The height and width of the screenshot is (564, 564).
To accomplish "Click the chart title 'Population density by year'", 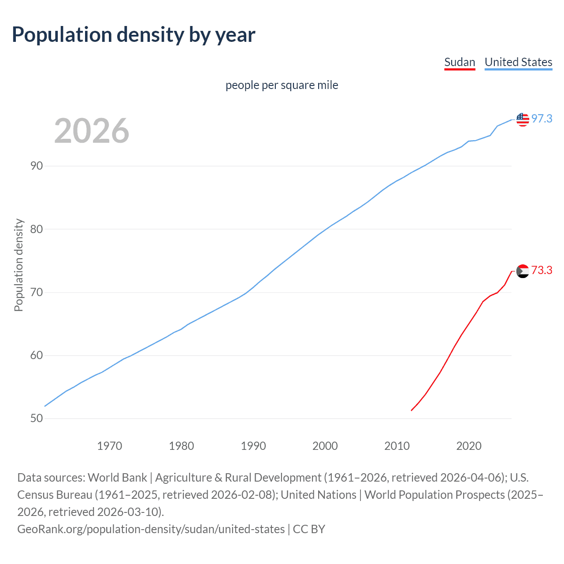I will (x=134, y=35).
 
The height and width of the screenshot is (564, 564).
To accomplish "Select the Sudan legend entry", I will (x=460, y=62).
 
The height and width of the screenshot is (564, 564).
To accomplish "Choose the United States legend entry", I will (x=518, y=62).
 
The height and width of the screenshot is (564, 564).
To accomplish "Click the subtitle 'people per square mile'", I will (x=282, y=85).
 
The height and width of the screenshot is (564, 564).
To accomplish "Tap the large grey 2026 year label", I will (x=92, y=131).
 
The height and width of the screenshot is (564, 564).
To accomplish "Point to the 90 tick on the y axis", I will (x=37, y=166).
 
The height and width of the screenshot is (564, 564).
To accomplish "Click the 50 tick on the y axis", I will (x=37, y=419).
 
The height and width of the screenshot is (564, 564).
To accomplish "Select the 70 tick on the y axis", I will (x=37, y=293).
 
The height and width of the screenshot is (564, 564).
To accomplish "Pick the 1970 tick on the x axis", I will (x=109, y=446).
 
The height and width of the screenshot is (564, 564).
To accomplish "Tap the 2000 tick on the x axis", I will (x=325, y=446).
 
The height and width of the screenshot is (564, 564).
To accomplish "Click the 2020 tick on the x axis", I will (x=469, y=446).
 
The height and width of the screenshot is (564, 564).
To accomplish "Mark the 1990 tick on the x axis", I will (x=253, y=446).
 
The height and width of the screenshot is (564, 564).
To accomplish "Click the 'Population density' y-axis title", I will (x=19, y=265).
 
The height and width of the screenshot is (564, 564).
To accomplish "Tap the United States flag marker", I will (x=523, y=119).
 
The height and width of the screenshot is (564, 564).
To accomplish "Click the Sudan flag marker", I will (x=523, y=271).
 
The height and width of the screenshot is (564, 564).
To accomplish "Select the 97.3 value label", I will (x=542, y=119).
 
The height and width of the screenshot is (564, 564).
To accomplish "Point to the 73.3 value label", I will (x=542, y=271).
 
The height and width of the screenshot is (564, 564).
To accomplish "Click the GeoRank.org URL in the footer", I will (x=151, y=529).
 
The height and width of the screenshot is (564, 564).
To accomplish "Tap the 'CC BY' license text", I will (x=309, y=529).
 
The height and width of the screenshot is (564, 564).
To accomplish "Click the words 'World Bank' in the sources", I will (x=117, y=478).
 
